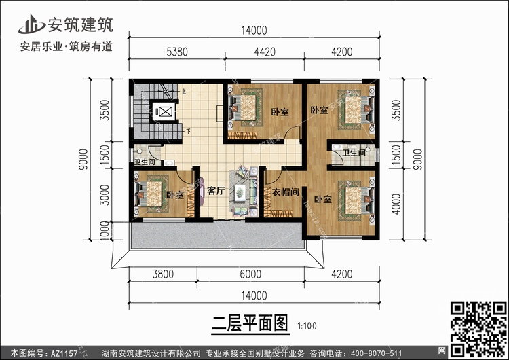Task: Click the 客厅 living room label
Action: (x=215, y=192)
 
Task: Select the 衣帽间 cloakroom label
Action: (x=285, y=192)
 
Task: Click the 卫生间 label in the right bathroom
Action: (x=354, y=154)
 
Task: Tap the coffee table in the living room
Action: (x=240, y=194)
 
